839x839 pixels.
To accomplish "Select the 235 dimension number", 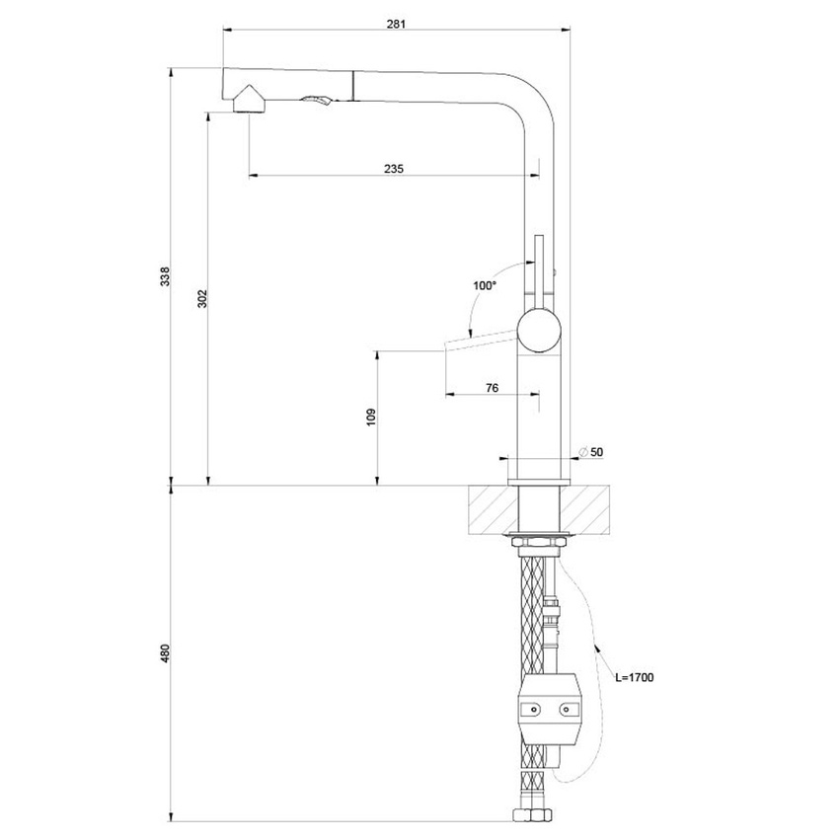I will pyautogui.click(x=394, y=169).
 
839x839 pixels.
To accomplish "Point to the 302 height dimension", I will pyautogui.click(x=201, y=297).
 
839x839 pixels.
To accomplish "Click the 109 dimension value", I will pyautogui.click(x=371, y=418).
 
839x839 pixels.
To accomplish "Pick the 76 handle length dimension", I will pyautogui.click(x=491, y=387).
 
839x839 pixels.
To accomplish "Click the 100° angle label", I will pyautogui.click(x=484, y=286).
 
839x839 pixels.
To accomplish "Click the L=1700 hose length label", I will pyautogui.click(x=634, y=677).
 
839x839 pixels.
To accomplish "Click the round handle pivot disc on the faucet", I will pyautogui.click(x=540, y=330).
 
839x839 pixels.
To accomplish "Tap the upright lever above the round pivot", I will pyautogui.click(x=539, y=267).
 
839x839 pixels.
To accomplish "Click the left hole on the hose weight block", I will pyautogui.click(x=531, y=708).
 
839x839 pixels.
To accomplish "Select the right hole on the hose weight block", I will pyautogui.click(x=568, y=708).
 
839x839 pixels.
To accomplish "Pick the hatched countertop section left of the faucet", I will pyautogui.click(x=490, y=508).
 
